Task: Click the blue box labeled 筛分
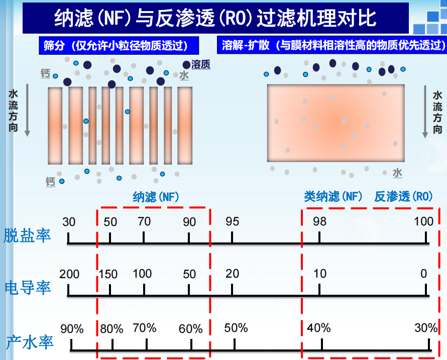[x=116, y=46]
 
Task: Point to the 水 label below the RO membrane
[x=397, y=173]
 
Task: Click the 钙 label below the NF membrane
[x=50, y=181]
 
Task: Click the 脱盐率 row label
[x=28, y=235]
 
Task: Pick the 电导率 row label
[x=28, y=288]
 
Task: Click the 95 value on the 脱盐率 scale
[x=232, y=221]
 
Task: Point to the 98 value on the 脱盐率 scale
[x=319, y=221]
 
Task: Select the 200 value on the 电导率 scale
[x=69, y=274]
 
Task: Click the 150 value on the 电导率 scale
[x=108, y=274]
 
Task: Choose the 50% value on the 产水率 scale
[x=236, y=328]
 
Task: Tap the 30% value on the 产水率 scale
[x=426, y=328]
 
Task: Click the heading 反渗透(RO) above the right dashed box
[x=403, y=197]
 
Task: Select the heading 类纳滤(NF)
[x=333, y=197]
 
